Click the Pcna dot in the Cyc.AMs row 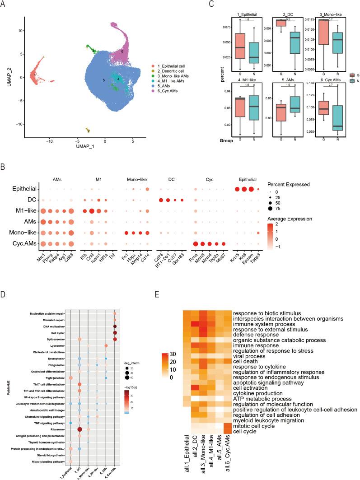tap(196, 244)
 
